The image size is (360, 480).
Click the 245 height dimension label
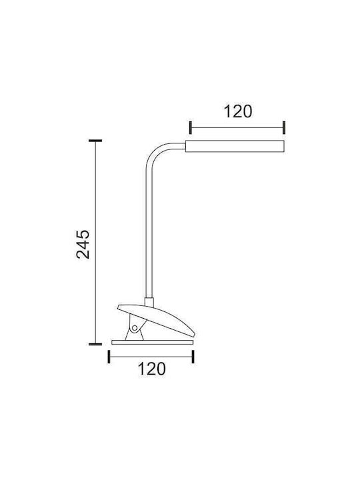(x=83, y=244)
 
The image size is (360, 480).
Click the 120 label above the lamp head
(x=238, y=111)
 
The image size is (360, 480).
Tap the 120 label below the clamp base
(x=151, y=369)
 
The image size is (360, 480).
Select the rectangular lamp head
(x=235, y=146)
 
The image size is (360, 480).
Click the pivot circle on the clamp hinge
(x=134, y=328)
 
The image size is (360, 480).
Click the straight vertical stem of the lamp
(x=149, y=233)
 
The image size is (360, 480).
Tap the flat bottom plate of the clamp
(x=152, y=342)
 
